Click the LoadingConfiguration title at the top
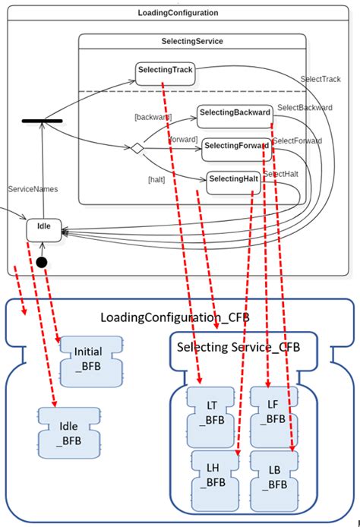point(178,13)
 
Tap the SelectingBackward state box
point(235,113)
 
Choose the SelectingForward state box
point(235,146)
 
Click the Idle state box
point(43,227)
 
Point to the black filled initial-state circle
point(42,262)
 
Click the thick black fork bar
point(43,120)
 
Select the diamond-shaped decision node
point(137,149)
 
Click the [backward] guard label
point(153,117)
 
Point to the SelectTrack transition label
point(321,78)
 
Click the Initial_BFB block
point(88,358)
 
